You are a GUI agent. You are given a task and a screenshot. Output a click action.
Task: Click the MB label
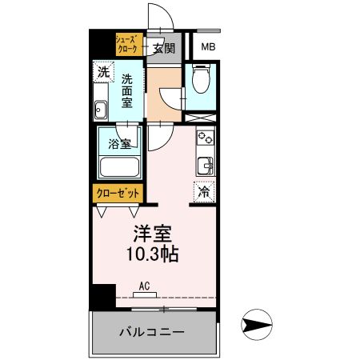[208, 47]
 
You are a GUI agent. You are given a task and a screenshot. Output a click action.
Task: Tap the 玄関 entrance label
[164, 48]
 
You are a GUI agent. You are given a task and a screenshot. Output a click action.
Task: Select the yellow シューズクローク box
[128, 44]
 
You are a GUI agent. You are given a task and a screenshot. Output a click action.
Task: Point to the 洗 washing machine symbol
[102, 72]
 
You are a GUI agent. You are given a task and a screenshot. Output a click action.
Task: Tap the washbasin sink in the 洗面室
[102, 110]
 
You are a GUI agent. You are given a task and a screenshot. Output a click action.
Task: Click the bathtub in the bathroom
[120, 167]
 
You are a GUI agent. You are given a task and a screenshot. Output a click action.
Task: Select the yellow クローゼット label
[119, 193]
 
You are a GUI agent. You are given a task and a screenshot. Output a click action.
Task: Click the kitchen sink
[205, 166]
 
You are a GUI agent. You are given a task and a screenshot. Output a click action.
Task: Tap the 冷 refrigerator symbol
[204, 192]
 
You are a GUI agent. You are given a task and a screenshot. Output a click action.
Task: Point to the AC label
[145, 285]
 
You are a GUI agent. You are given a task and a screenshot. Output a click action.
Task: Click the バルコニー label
[152, 332]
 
